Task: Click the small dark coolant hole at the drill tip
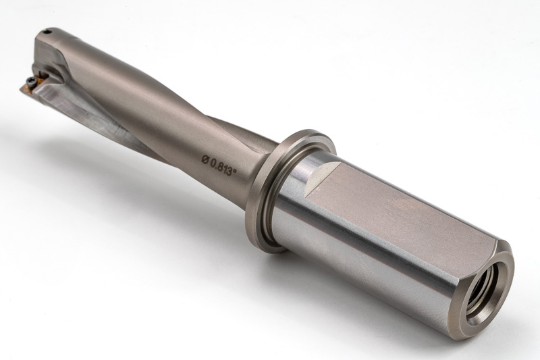pos(48,32)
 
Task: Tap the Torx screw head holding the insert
pos(30,81)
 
